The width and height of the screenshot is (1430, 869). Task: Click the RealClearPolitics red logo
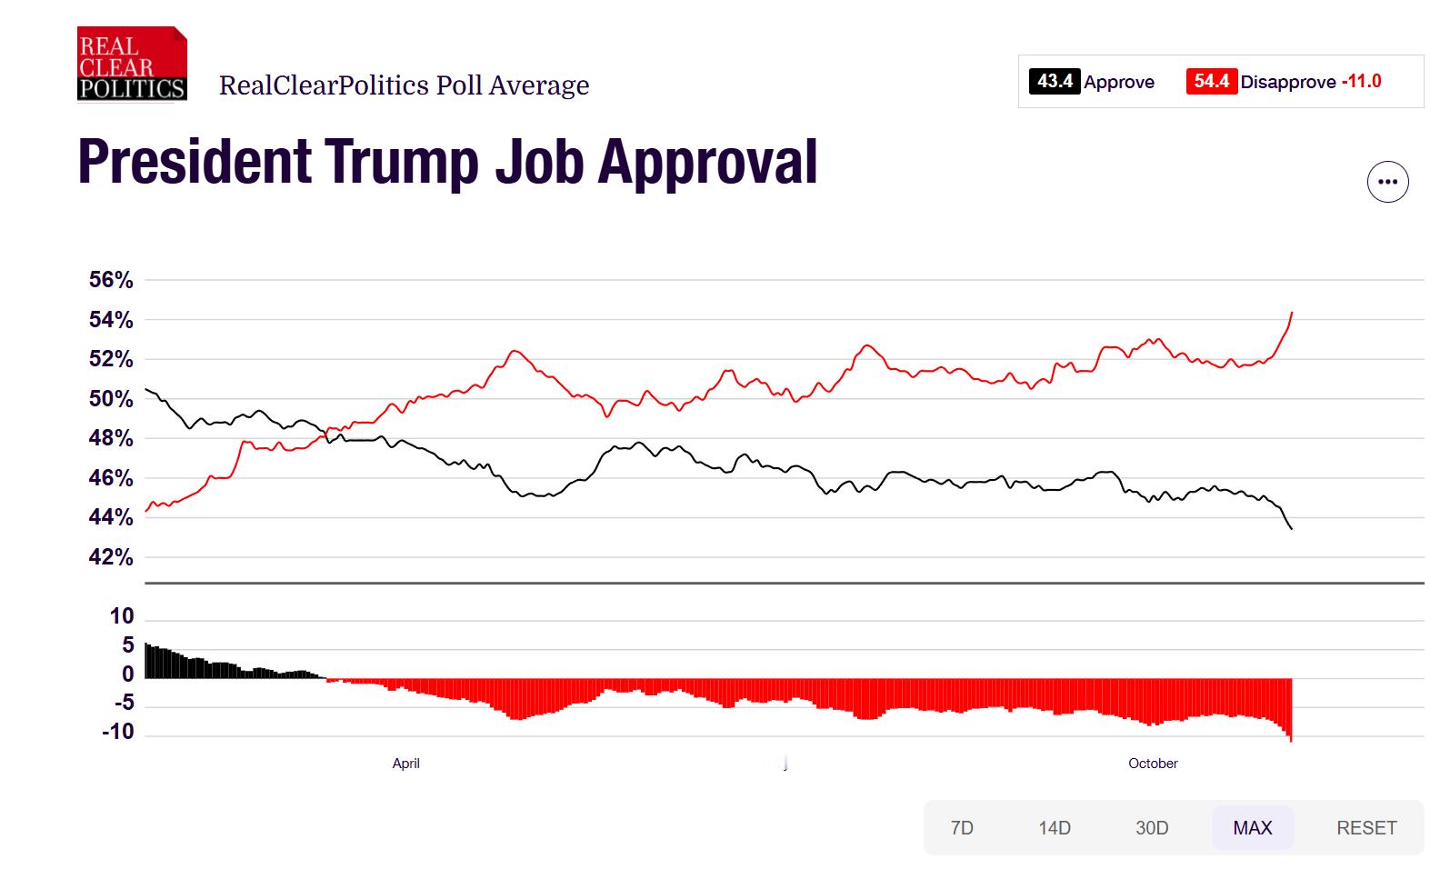(x=132, y=64)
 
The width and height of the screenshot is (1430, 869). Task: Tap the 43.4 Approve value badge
(x=1055, y=82)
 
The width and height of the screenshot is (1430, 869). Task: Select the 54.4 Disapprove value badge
(x=1211, y=82)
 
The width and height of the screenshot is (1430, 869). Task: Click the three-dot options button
(x=1387, y=182)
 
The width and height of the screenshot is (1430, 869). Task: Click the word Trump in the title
(x=401, y=162)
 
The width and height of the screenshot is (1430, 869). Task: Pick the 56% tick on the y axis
(x=111, y=280)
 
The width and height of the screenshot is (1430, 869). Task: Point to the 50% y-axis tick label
(x=111, y=399)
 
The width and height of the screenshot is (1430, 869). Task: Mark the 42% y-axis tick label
(x=111, y=557)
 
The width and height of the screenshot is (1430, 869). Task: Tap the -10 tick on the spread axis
(x=118, y=732)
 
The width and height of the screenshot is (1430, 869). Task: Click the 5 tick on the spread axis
(x=127, y=645)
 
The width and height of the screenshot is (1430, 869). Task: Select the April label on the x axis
(x=405, y=764)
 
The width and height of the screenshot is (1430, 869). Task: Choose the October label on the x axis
(x=1153, y=764)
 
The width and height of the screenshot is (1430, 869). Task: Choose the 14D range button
(x=1055, y=828)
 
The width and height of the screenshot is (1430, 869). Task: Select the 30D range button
(x=1152, y=828)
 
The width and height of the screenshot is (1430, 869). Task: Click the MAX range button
(x=1252, y=828)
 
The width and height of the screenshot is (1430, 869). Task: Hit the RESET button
(x=1366, y=828)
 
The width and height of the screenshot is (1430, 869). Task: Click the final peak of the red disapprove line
(x=1292, y=313)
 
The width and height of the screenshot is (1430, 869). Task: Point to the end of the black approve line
(x=1292, y=529)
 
